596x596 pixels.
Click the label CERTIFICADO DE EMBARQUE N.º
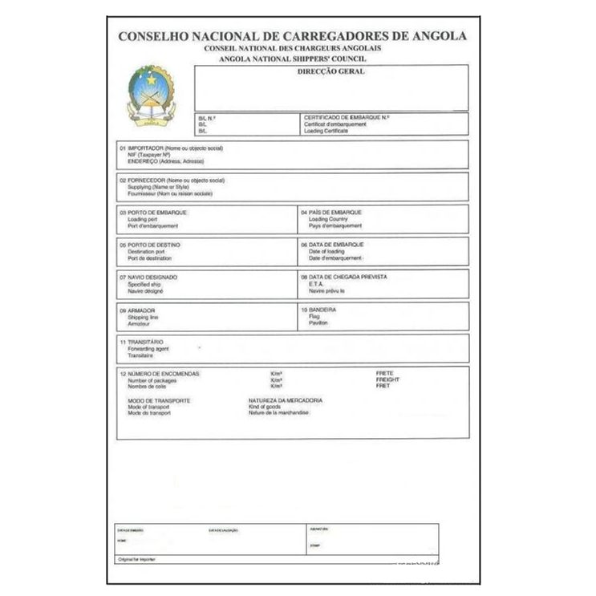pos(346,118)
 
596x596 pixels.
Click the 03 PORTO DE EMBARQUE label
pos(153,213)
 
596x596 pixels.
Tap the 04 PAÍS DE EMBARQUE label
pos(331,213)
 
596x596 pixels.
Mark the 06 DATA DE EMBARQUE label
pos(332,244)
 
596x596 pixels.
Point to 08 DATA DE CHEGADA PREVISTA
pos(343,277)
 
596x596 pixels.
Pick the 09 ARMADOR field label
pos(137,310)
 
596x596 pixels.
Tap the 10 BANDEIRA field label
pos(318,310)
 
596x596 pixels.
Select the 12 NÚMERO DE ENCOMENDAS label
pos(159,374)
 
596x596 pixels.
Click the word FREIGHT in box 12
pos(387,380)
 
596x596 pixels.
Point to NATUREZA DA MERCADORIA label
pos(286,399)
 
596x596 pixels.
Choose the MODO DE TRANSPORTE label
pos(159,399)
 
